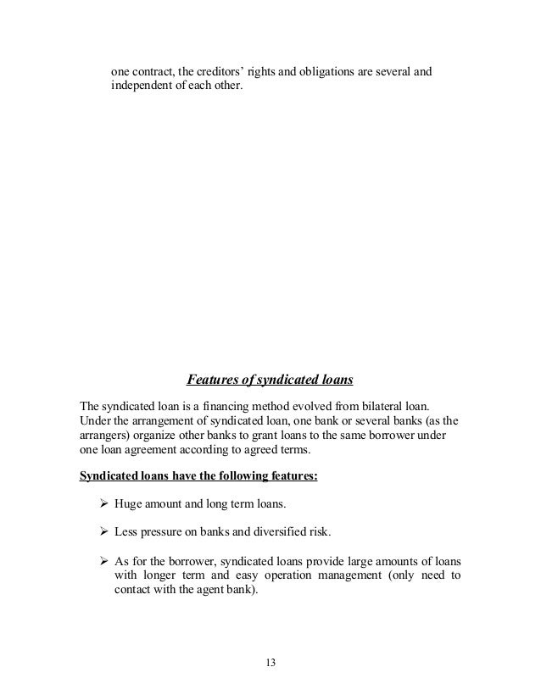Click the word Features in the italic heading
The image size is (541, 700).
tap(213, 378)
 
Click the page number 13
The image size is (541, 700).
tap(270, 663)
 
